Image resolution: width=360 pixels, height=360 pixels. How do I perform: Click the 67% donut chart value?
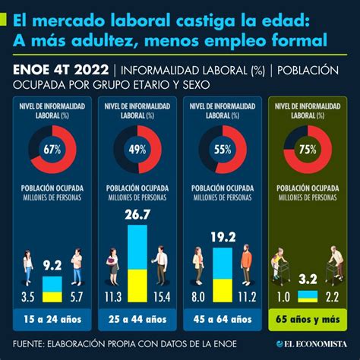pyautogui.click(x=52, y=149)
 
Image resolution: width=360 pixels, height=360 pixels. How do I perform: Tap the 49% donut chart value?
pyautogui.click(x=137, y=149)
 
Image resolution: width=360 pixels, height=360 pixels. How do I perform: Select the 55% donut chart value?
pyautogui.click(x=223, y=149)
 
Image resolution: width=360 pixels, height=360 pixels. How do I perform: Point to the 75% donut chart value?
pyautogui.click(x=308, y=149)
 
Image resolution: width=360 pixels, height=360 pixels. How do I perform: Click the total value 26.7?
pyautogui.click(x=137, y=216)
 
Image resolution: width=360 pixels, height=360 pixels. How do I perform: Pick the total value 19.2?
pyautogui.click(x=223, y=236)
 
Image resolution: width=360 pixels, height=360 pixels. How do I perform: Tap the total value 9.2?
pyautogui.click(x=52, y=265)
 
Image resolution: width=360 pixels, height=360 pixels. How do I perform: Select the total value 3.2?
pyautogui.click(x=308, y=279)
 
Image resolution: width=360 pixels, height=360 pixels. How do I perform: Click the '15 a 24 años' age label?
pyautogui.click(x=52, y=318)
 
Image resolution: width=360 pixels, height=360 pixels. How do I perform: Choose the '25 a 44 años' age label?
pyautogui.click(x=137, y=318)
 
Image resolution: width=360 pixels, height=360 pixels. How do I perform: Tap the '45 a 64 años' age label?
pyautogui.click(x=223, y=318)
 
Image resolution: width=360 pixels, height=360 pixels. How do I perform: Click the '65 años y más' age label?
pyautogui.click(x=308, y=318)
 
